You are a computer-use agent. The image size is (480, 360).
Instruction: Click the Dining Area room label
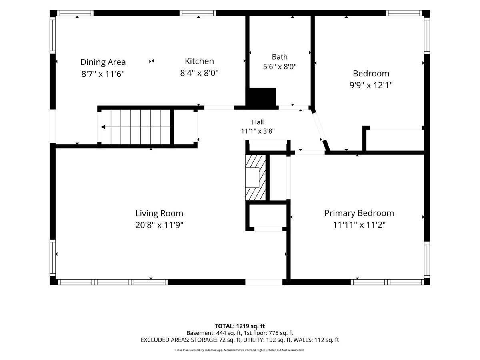tap(103, 62)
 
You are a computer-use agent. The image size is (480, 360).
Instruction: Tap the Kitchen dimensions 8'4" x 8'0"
tap(199, 73)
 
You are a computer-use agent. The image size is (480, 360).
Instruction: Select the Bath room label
tap(280, 57)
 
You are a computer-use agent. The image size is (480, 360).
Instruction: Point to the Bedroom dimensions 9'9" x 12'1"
tap(371, 85)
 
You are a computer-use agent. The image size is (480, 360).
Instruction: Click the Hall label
tap(258, 122)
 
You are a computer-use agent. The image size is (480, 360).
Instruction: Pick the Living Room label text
tap(159, 213)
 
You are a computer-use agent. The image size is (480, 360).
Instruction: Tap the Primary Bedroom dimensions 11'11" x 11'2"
tap(359, 225)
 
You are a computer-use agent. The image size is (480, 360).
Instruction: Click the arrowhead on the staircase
tap(103, 127)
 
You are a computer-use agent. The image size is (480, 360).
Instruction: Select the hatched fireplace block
tap(256, 178)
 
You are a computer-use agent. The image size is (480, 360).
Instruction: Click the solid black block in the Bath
tap(261, 97)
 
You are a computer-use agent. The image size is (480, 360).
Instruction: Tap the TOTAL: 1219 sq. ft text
tap(240, 326)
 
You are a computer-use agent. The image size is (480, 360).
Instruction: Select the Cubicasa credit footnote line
tap(240, 350)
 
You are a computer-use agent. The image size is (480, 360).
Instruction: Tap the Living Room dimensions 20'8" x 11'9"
tap(159, 225)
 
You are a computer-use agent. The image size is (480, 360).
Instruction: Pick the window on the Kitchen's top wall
tap(198, 13)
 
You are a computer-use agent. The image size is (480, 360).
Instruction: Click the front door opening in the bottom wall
tap(264, 282)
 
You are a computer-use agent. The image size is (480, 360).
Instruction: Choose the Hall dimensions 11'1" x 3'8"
tap(258, 131)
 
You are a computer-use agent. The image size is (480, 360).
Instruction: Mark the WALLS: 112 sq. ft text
tap(316, 340)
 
